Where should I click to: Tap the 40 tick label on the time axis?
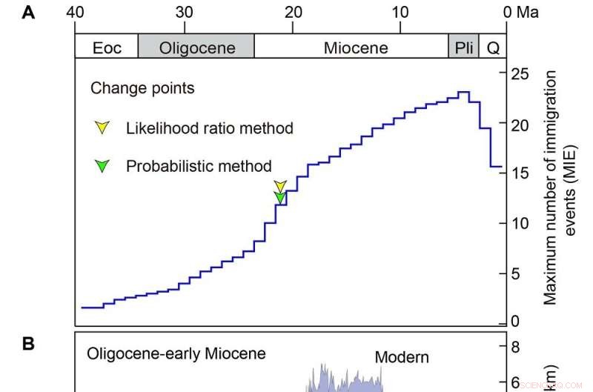(x=75, y=13)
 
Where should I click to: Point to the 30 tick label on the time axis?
(x=184, y=13)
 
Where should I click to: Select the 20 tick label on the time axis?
(x=293, y=13)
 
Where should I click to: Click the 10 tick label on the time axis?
(x=400, y=13)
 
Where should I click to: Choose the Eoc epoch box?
(x=106, y=48)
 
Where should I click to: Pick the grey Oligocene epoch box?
(x=196, y=48)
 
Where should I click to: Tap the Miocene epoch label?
(x=356, y=48)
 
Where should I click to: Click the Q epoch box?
(x=491, y=48)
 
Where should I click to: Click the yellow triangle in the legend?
(x=103, y=127)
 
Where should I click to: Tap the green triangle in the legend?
(x=103, y=166)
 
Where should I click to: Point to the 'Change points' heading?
(x=142, y=88)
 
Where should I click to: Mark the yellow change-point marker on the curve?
(x=279, y=185)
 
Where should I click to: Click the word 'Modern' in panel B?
(x=402, y=357)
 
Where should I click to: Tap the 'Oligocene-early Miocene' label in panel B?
(x=176, y=353)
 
